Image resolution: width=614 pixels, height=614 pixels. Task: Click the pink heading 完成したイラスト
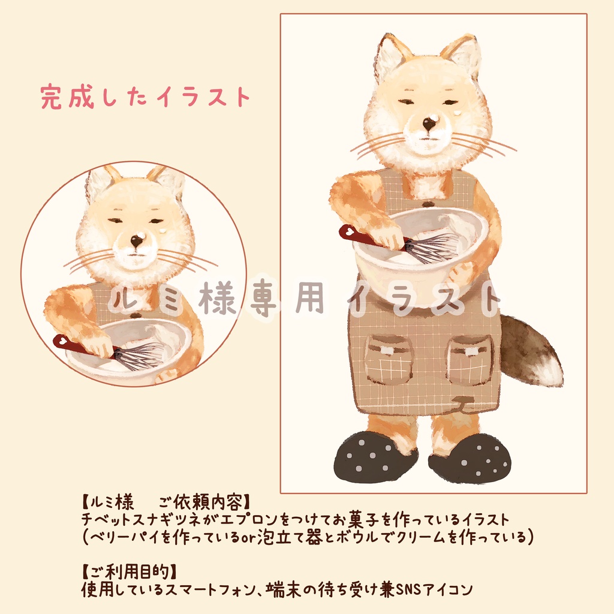click(x=145, y=97)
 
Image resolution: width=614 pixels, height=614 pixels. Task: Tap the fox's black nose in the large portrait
click(x=429, y=124)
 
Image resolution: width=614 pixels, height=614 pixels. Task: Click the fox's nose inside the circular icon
click(x=137, y=241)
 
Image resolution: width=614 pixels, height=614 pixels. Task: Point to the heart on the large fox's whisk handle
click(x=347, y=231)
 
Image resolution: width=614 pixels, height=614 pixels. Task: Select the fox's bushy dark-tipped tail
click(x=531, y=351)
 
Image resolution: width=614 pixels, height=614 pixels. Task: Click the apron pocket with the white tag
click(x=389, y=359)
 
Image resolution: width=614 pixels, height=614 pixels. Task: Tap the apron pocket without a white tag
click(x=469, y=360)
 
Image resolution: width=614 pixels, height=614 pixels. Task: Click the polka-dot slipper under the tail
click(x=470, y=460)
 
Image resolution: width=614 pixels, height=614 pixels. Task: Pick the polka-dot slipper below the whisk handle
click(x=375, y=457)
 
